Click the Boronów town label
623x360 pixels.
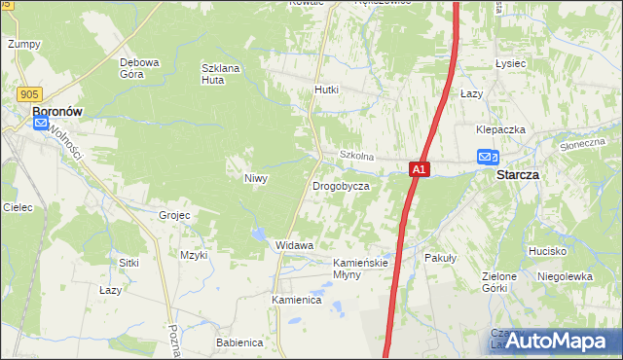(56, 112)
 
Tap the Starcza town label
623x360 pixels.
(518, 175)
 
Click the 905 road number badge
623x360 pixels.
(27, 93)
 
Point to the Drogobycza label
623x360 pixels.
(341, 185)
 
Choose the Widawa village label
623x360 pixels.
(295, 245)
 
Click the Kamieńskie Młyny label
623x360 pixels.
(361, 269)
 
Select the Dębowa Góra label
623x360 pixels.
(139, 67)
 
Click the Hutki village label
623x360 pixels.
(326, 90)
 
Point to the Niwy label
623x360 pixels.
(255, 179)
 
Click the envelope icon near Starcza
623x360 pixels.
(487, 157)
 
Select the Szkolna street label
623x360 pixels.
(356, 156)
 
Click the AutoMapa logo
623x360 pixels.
(559, 341)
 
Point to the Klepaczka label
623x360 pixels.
(500, 129)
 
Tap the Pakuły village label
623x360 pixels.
(441, 258)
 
